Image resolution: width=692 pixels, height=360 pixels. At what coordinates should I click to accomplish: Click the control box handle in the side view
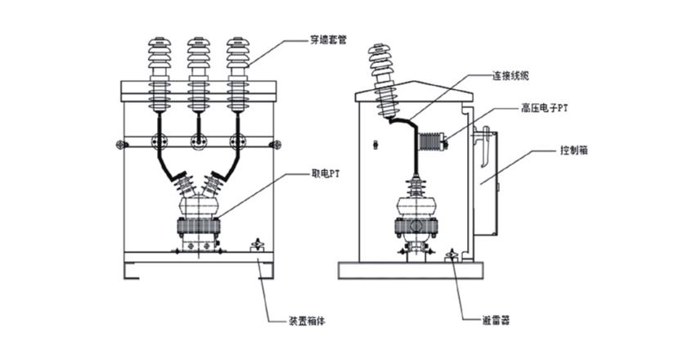click(486, 148)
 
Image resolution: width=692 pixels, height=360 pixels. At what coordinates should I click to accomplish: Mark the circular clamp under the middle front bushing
click(197, 141)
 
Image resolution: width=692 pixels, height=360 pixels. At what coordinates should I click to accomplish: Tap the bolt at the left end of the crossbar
click(121, 146)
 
